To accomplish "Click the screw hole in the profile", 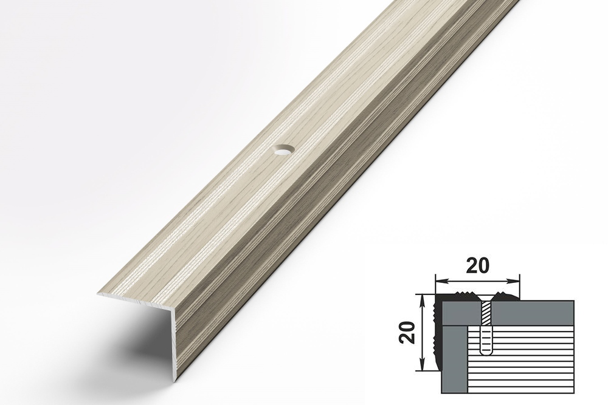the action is [283, 149].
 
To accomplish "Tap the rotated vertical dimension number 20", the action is [408, 333].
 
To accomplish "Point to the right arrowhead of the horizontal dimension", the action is [514, 281].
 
